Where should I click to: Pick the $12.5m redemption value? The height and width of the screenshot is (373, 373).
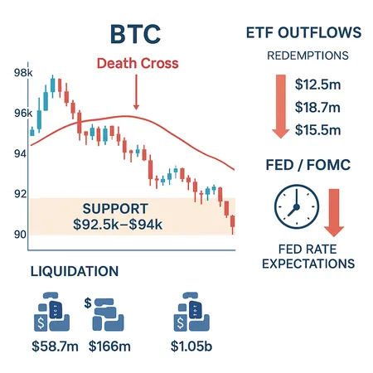322,84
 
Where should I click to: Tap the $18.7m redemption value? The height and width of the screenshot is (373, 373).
322,109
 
